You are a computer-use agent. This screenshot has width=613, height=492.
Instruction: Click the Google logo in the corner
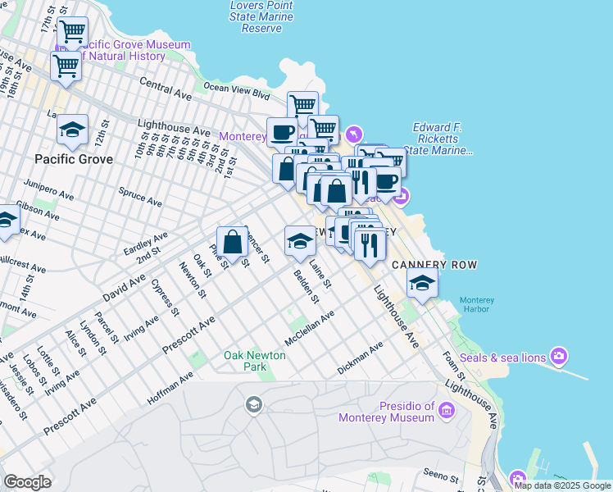click(28, 482)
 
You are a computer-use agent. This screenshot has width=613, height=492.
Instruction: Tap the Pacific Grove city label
click(73, 158)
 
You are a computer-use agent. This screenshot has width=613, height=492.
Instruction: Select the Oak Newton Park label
click(256, 361)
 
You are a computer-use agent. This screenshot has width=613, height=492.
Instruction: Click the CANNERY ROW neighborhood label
click(434, 265)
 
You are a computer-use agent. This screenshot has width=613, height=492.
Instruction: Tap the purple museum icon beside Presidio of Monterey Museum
click(447, 409)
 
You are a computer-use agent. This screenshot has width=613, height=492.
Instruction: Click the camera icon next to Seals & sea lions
click(559, 356)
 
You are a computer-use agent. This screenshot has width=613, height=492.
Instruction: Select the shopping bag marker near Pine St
click(234, 242)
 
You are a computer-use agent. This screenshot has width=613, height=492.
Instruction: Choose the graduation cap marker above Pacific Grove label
click(73, 129)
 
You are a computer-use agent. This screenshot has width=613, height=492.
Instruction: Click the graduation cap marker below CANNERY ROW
click(422, 283)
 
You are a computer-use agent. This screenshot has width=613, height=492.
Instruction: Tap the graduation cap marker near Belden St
click(300, 240)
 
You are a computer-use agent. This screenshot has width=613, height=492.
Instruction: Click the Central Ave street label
click(166, 89)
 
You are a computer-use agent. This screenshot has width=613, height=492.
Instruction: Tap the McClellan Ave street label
click(310, 327)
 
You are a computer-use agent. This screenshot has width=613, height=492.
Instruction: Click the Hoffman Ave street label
click(170, 387)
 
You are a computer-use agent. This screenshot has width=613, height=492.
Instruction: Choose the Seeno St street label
click(442, 476)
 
